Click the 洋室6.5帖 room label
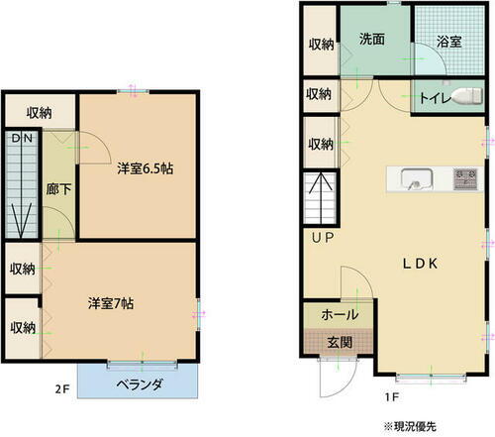pyautogui.click(x=145, y=168)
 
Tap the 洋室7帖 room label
pyautogui.click(x=111, y=302)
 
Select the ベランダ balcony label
pyautogui.click(x=139, y=383)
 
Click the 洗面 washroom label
pyautogui.click(x=372, y=40)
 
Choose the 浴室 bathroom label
pyautogui.click(x=449, y=43)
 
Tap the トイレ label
pyautogui.click(x=433, y=98)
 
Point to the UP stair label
pyautogui.click(x=323, y=239)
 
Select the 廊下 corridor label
pyautogui.click(x=57, y=188)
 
